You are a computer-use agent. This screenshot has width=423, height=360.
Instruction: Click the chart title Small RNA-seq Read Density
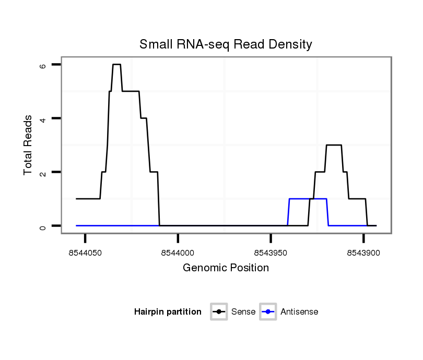coord(226,44)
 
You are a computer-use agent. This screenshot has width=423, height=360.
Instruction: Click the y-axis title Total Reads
coord(28,145)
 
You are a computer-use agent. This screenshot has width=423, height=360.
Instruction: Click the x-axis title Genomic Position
coord(226,268)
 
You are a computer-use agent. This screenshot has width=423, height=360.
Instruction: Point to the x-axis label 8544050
coord(85,253)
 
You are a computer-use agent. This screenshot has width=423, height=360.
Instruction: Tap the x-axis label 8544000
coord(178,253)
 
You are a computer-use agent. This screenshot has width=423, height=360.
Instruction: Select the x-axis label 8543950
coord(271,253)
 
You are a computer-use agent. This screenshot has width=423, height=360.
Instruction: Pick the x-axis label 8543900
coord(363,253)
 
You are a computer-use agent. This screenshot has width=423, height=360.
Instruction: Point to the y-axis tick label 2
coord(43,172)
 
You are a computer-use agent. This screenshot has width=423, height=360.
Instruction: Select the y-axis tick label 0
coord(43,226)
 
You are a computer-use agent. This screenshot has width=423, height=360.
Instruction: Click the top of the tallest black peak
coord(116,64)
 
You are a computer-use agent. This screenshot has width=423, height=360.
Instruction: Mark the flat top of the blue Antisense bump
coord(308,199)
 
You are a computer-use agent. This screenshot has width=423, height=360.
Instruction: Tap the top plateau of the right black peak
coord(334,145)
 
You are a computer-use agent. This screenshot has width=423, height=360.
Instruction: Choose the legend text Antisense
coord(299,312)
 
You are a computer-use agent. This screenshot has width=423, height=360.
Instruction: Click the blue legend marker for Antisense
coord(268,312)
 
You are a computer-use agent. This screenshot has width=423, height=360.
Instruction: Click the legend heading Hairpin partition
coord(168,312)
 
